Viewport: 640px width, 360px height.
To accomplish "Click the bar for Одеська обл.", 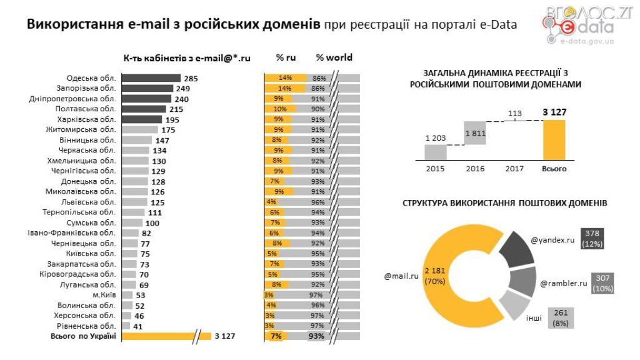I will (x=151, y=78).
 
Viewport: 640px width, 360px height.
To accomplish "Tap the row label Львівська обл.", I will (x=92, y=202).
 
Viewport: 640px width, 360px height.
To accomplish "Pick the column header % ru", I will (x=286, y=57).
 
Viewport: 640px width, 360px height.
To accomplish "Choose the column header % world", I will (x=334, y=57).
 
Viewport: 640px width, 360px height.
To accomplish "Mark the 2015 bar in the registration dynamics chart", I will (x=436, y=152).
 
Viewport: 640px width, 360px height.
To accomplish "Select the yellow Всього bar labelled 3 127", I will (x=554, y=140).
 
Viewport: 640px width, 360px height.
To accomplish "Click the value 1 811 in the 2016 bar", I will (x=475, y=134).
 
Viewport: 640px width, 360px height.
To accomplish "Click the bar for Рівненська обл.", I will (x=126, y=326).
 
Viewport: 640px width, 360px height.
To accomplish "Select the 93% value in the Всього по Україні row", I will (x=317, y=336).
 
